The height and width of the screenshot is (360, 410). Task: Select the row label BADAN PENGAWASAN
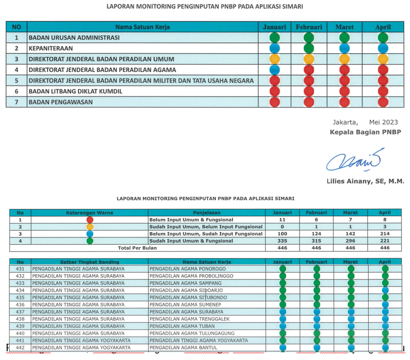[x=61, y=102]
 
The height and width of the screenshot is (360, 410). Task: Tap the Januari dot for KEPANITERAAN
[x=275, y=48]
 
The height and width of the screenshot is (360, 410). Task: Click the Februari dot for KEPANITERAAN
[x=309, y=48]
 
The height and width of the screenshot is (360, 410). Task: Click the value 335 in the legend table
[x=282, y=240]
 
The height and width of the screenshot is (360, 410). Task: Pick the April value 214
[x=385, y=234]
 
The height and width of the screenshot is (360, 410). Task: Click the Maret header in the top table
[x=345, y=27]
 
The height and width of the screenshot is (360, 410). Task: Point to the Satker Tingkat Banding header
[x=89, y=262]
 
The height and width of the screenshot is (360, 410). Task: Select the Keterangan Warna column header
[x=89, y=213]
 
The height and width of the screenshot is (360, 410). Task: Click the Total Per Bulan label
[x=137, y=248]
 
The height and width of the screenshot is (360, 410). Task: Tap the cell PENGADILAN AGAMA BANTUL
[x=183, y=348]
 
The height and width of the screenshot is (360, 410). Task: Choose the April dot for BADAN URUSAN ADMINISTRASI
[x=383, y=37]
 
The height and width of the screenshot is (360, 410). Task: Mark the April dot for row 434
[x=385, y=290]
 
